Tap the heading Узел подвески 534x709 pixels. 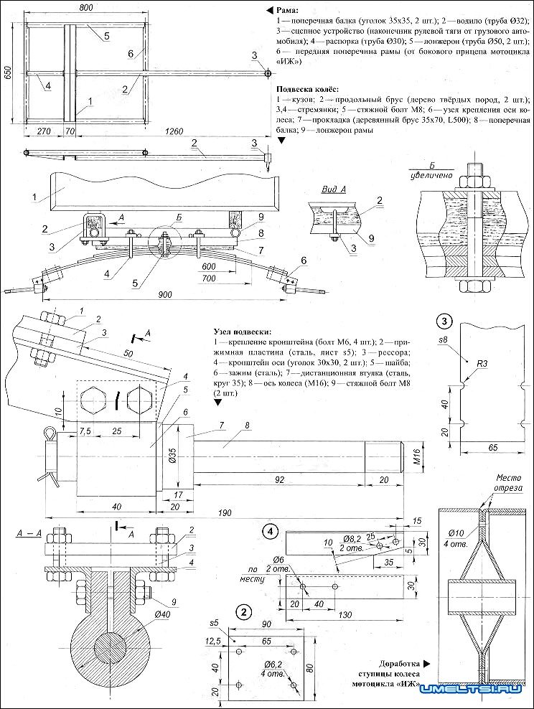coord(242,332)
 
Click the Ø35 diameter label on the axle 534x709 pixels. coord(172,456)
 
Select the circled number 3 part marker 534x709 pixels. coord(446,320)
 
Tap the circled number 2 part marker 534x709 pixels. coord(245,611)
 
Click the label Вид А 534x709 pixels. coord(332,189)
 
